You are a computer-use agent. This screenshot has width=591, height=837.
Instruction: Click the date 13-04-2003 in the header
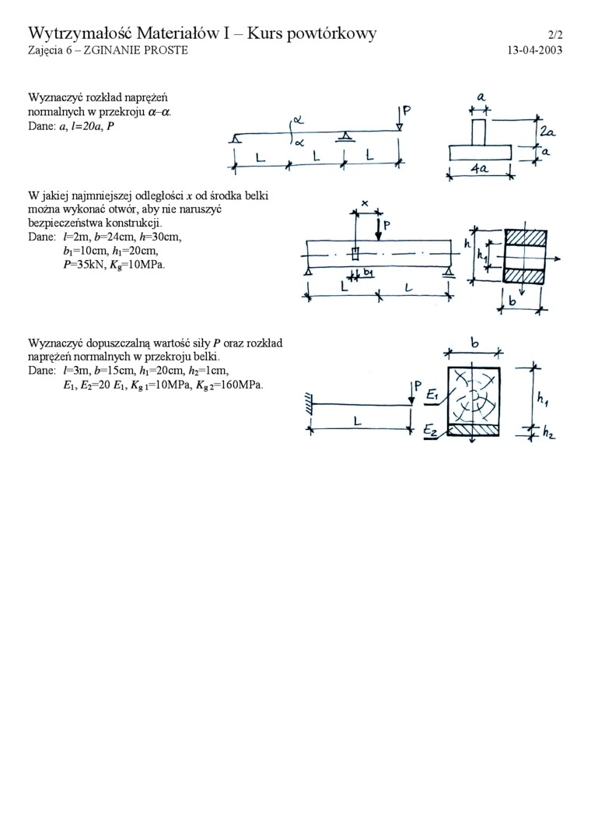coord(534,50)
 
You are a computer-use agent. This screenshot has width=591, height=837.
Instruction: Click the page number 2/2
coord(554,34)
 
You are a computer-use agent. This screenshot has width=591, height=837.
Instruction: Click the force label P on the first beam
coord(406,112)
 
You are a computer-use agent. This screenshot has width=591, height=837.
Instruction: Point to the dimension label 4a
coord(481,168)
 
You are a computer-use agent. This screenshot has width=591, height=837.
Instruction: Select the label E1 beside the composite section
coord(432,396)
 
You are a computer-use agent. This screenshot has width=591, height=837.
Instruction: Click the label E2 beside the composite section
coord(432,429)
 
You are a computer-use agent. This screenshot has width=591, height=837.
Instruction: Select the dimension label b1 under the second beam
coord(368,273)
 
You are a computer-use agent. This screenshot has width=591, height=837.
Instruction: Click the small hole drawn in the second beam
coord(354,254)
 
